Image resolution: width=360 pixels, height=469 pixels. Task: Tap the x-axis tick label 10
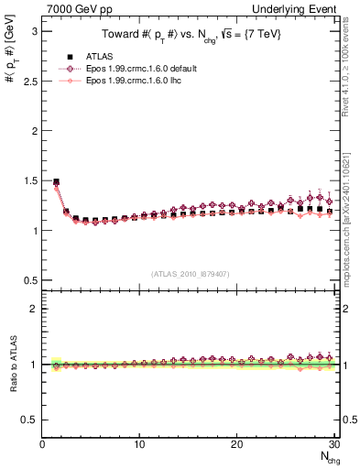tap(139, 444)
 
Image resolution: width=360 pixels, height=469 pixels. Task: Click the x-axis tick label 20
tap(236, 444)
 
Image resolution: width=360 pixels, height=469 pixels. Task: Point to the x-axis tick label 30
tap(333, 444)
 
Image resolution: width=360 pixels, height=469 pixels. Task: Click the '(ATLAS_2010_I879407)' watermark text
tap(190, 272)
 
